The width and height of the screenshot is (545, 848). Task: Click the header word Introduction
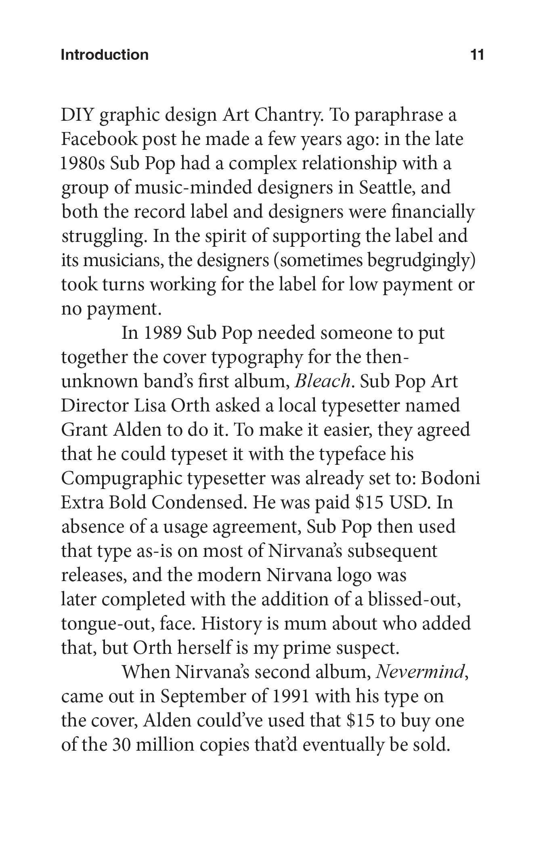(x=105, y=55)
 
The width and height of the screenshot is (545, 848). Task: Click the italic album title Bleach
(x=322, y=382)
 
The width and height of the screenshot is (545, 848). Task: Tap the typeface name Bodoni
(x=451, y=479)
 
